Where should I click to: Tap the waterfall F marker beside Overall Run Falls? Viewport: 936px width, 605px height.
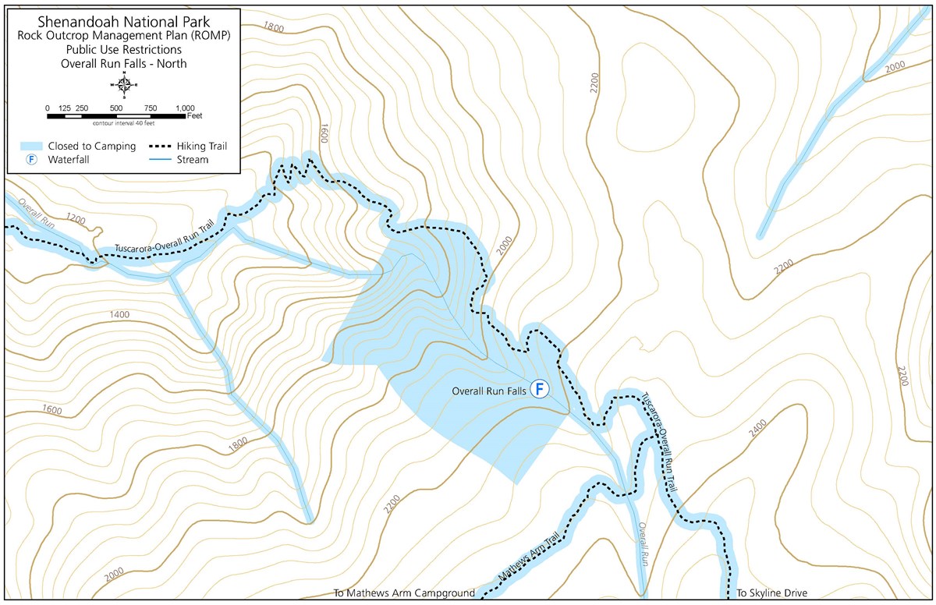pos(539,388)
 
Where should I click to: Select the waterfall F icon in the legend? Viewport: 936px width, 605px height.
pos(32,160)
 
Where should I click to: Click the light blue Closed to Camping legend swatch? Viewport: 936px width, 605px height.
pos(32,146)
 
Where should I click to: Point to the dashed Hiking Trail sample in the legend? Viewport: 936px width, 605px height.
pos(170,146)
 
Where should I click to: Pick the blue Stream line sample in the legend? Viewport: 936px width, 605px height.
pos(170,160)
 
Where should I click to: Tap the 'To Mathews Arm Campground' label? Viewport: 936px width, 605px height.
pos(403,593)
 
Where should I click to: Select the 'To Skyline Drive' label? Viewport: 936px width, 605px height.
pos(771,593)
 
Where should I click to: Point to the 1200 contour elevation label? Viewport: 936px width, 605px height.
pos(75,218)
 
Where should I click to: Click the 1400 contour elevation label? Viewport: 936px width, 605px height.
pos(119,314)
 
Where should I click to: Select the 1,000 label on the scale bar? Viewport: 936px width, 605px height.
pos(185,108)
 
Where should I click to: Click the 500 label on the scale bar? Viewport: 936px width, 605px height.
pos(115,108)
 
